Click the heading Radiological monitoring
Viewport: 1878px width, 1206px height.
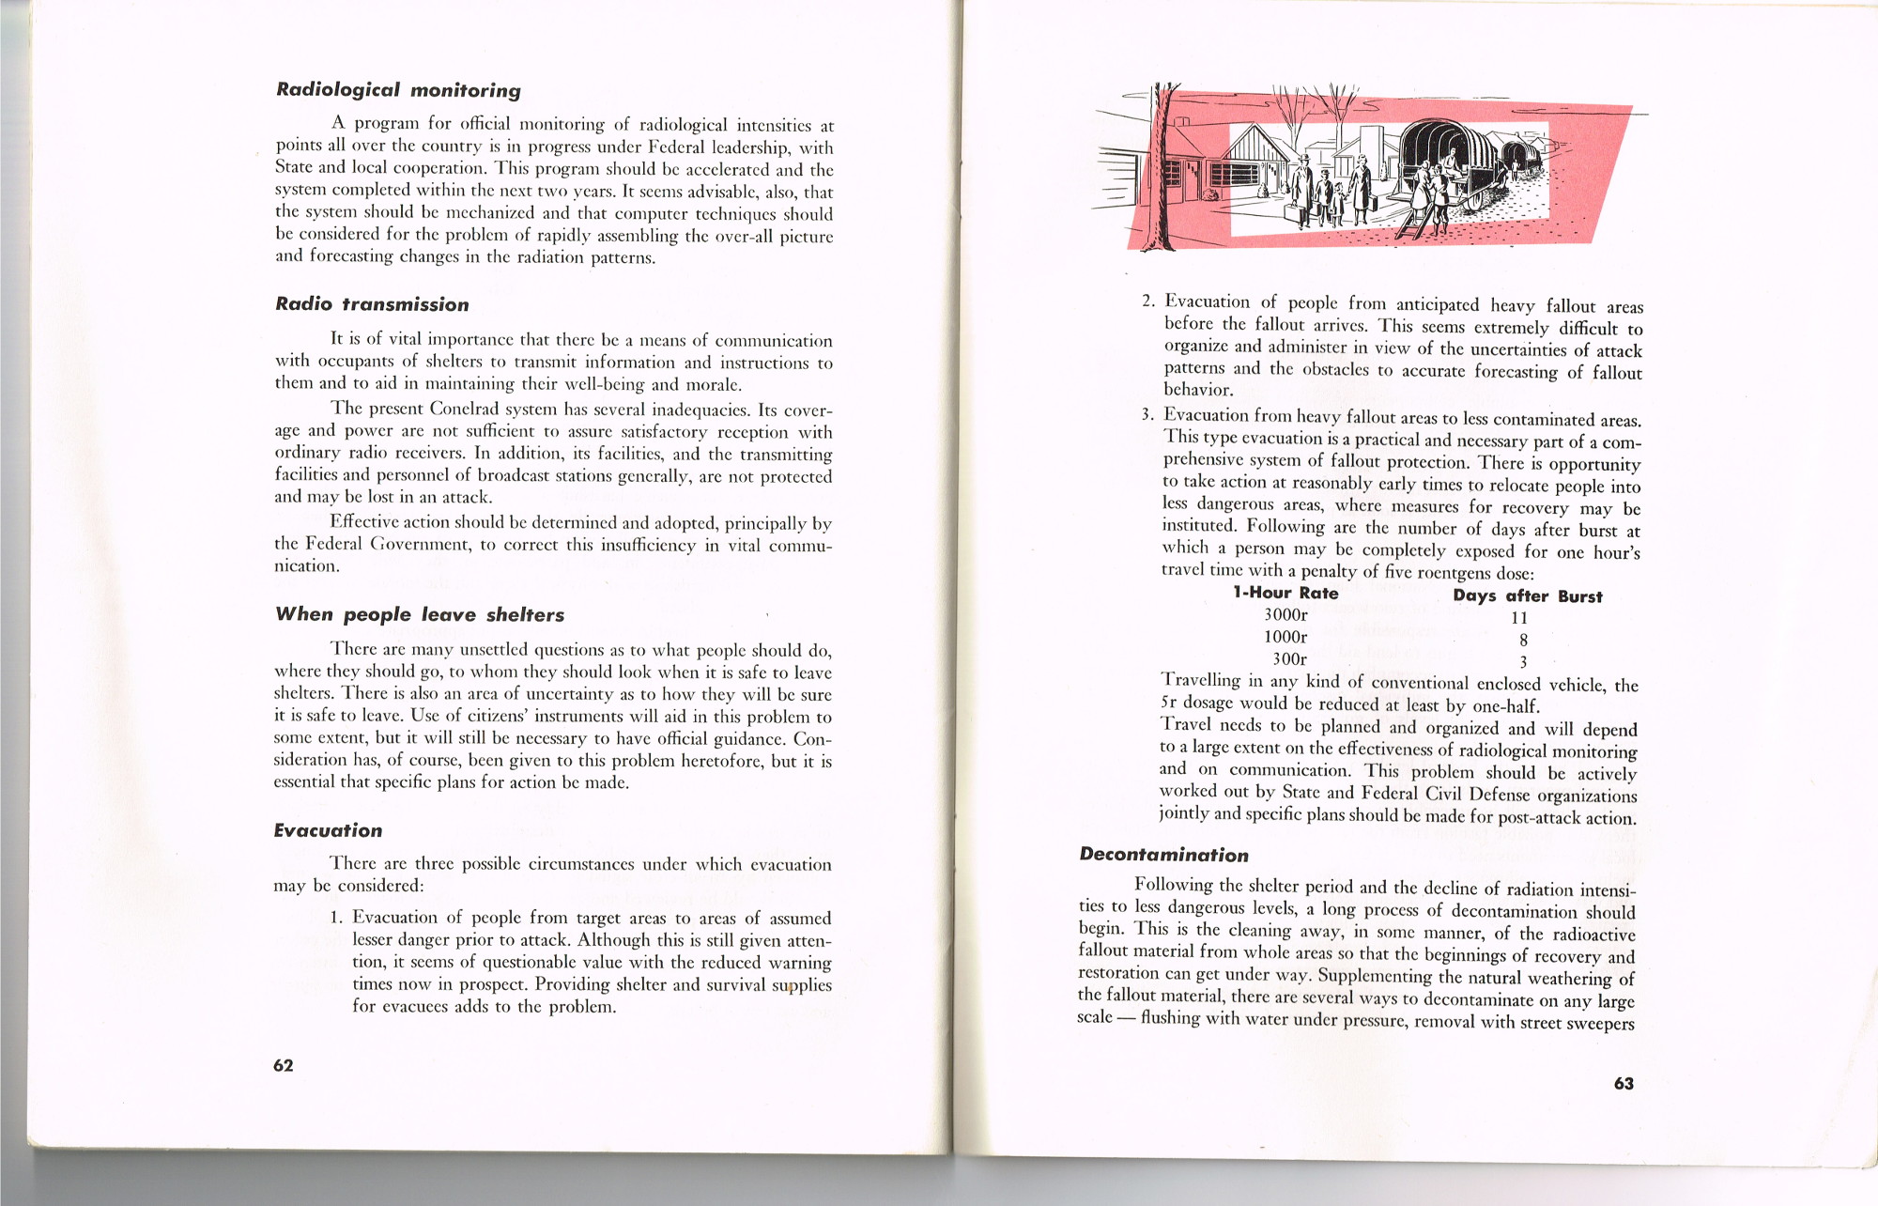(x=398, y=90)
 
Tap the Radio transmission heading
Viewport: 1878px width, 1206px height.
(x=372, y=304)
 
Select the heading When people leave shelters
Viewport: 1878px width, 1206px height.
(x=420, y=614)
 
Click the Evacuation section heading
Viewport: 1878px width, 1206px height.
(x=328, y=830)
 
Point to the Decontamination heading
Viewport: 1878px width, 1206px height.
(x=1163, y=855)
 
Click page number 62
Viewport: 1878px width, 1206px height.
(x=284, y=1065)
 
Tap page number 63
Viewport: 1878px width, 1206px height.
(x=1624, y=1083)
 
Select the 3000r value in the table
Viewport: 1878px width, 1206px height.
(x=1285, y=615)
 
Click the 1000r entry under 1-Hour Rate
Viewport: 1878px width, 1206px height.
(x=1285, y=637)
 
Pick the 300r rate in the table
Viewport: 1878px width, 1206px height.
(x=1289, y=659)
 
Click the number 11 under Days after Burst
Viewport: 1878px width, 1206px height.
(x=1519, y=618)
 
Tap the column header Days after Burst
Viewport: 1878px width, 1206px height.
(x=1528, y=596)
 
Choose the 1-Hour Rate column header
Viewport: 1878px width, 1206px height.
(x=1285, y=593)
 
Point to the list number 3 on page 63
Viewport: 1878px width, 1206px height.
(x=1146, y=415)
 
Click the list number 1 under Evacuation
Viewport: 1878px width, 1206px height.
(x=335, y=918)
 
